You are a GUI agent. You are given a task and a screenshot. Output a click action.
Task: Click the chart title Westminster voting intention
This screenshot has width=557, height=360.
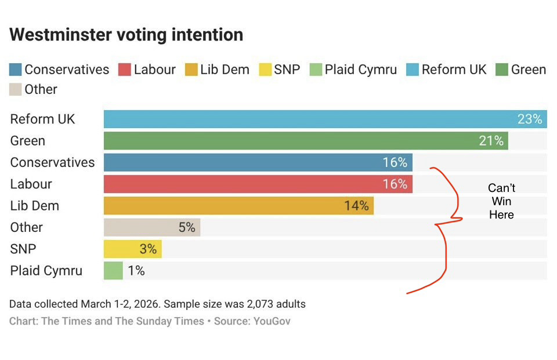(x=126, y=35)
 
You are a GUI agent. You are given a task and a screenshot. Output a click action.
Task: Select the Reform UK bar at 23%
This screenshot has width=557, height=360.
(x=313, y=119)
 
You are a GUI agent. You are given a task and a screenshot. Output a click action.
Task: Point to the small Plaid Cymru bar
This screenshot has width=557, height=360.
(x=113, y=271)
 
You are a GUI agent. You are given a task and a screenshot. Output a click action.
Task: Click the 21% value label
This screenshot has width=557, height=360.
(x=491, y=141)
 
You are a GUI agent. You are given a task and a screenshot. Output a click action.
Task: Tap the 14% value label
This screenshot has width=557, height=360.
(x=356, y=206)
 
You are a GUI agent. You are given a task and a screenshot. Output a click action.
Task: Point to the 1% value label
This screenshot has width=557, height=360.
(x=136, y=271)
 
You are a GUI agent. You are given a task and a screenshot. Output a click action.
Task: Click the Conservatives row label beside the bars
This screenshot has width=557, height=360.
(x=52, y=163)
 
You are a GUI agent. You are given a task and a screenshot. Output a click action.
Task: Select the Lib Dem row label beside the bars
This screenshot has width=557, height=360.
(x=34, y=206)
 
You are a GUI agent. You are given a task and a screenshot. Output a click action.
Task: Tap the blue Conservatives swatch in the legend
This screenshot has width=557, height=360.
(x=16, y=70)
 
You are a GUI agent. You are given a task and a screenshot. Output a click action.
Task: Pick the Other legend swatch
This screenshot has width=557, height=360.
(x=16, y=90)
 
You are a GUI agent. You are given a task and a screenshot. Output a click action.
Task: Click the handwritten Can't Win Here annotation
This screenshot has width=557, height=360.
(x=501, y=201)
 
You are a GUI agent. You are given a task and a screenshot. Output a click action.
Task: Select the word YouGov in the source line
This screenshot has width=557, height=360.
(x=272, y=321)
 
